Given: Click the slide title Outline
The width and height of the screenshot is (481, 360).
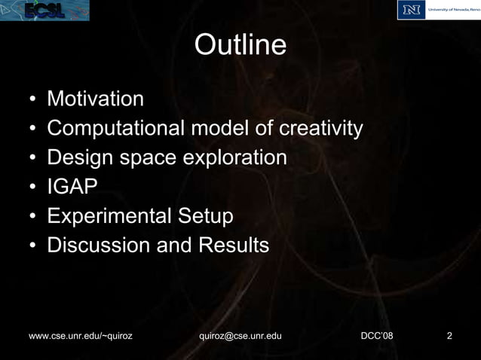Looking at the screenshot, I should (x=240, y=46).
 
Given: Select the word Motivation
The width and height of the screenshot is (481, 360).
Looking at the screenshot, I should (x=95, y=99).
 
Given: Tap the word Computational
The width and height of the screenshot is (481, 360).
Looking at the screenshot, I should (x=115, y=129).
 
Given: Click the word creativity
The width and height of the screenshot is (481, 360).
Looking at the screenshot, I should (x=321, y=129).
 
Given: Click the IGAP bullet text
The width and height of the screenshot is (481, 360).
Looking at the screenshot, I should (x=72, y=188).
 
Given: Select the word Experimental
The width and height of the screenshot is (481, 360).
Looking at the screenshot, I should (x=109, y=217).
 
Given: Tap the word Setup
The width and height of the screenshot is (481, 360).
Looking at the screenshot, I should (x=205, y=217).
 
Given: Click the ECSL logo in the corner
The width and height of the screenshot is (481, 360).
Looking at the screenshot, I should (x=45, y=10).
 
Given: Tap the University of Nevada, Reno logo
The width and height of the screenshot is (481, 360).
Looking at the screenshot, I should (x=438, y=10).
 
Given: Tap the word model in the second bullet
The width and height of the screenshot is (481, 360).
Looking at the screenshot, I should (x=219, y=129).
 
